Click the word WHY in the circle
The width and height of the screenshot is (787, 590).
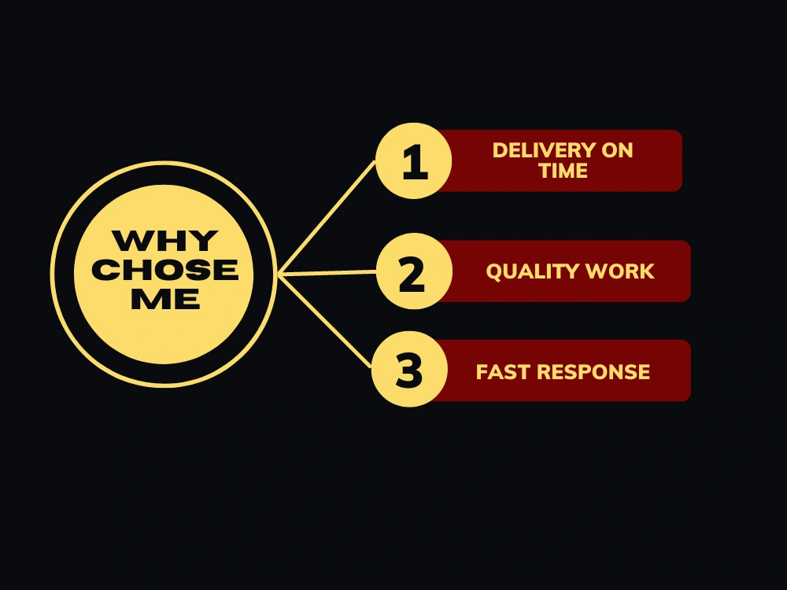[x=165, y=241]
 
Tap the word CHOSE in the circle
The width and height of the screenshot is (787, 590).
[x=165, y=270]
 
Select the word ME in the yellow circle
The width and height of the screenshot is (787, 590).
[x=165, y=299]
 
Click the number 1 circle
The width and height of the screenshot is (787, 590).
[x=414, y=160]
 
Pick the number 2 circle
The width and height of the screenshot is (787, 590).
[x=414, y=271]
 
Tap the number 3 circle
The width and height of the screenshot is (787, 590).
[x=409, y=369]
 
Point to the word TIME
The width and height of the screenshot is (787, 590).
[x=563, y=171]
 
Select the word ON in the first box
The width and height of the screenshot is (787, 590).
[x=617, y=150]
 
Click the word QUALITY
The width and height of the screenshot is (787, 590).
[x=533, y=271]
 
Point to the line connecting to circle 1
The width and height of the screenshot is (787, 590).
[x=327, y=217]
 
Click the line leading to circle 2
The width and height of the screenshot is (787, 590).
[x=327, y=272]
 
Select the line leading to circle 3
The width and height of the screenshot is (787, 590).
[x=325, y=321]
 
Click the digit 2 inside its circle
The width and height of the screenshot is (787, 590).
[x=412, y=274]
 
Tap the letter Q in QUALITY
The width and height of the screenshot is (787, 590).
[x=494, y=272]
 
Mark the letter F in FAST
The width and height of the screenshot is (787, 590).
[x=482, y=372]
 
